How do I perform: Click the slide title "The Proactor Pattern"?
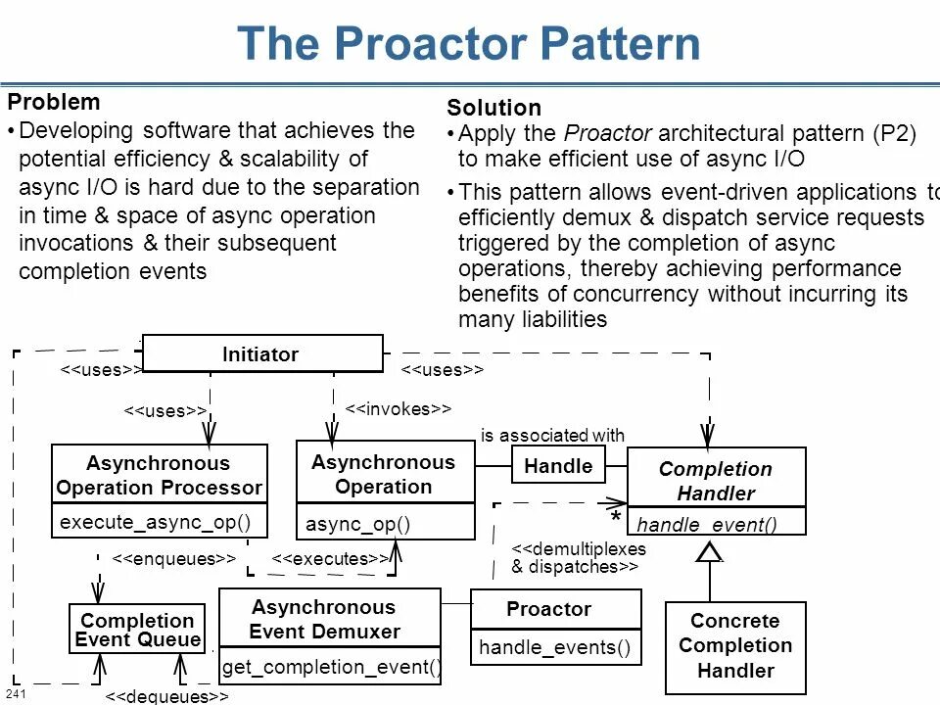pyautogui.click(x=469, y=44)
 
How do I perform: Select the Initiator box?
pyautogui.click(x=260, y=354)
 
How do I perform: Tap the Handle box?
pyautogui.click(x=558, y=466)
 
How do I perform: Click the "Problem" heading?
pyautogui.click(x=54, y=102)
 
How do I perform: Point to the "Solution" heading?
pyautogui.click(x=493, y=108)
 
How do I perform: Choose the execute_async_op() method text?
pyautogui.click(x=156, y=522)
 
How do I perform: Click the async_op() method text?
pyautogui.click(x=357, y=525)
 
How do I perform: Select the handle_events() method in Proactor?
pyautogui.click(x=554, y=647)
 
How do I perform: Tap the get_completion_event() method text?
pyautogui.click(x=331, y=668)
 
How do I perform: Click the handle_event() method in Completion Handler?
pyautogui.click(x=707, y=525)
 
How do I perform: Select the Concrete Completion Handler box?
pyautogui.click(x=734, y=646)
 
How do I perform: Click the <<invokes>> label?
pyautogui.click(x=399, y=409)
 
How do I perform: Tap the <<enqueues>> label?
pyautogui.click(x=173, y=558)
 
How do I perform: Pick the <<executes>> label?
pyautogui.click(x=330, y=558)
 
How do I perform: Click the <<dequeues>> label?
pyautogui.click(x=166, y=696)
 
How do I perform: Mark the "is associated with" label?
pyautogui.click(x=552, y=436)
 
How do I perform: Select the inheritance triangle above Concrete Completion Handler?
pyautogui.click(x=709, y=552)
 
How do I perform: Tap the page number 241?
pyautogui.click(x=15, y=694)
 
